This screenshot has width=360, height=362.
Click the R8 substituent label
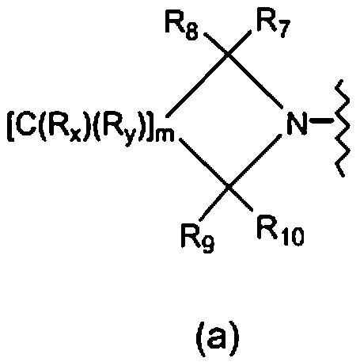point(182,25)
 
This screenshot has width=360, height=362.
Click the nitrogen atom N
point(297,124)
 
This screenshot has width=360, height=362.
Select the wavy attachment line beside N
point(343,128)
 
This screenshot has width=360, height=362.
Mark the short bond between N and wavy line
point(321,122)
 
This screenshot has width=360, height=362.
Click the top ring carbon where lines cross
point(228,55)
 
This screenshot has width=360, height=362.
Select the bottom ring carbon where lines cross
point(228,187)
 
